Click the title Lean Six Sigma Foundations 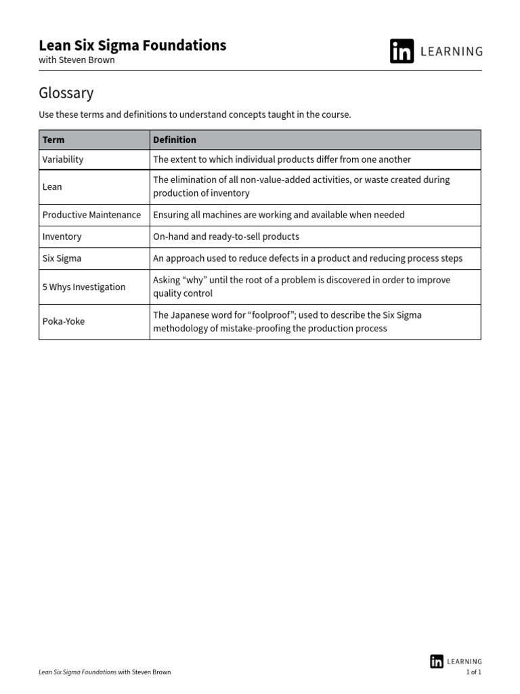click(x=133, y=45)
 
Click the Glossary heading click(x=66, y=93)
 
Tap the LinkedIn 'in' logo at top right click(x=402, y=52)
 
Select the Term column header click(x=53, y=140)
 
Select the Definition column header click(x=175, y=140)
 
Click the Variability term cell click(x=63, y=159)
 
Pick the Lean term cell click(x=52, y=186)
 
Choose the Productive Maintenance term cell click(x=91, y=215)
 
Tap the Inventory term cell click(x=62, y=237)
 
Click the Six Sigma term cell click(x=62, y=258)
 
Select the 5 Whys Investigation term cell click(x=84, y=287)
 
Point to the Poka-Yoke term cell click(x=64, y=321)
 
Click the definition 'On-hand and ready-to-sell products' click(x=226, y=237)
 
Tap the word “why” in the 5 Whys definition click(x=196, y=280)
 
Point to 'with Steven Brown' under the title click(x=77, y=60)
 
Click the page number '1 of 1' click(x=474, y=672)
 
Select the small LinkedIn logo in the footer click(x=437, y=661)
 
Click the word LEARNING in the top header click(x=452, y=52)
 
